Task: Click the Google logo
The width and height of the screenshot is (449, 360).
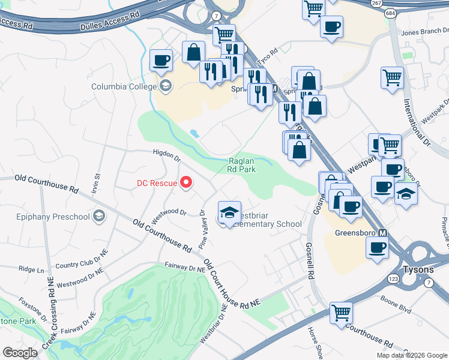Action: click(x=20, y=353)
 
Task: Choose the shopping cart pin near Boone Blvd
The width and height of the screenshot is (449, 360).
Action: click(x=341, y=312)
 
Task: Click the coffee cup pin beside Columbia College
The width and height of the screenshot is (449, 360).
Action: click(x=161, y=60)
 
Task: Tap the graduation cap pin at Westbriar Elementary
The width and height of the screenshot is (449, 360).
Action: click(x=229, y=211)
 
